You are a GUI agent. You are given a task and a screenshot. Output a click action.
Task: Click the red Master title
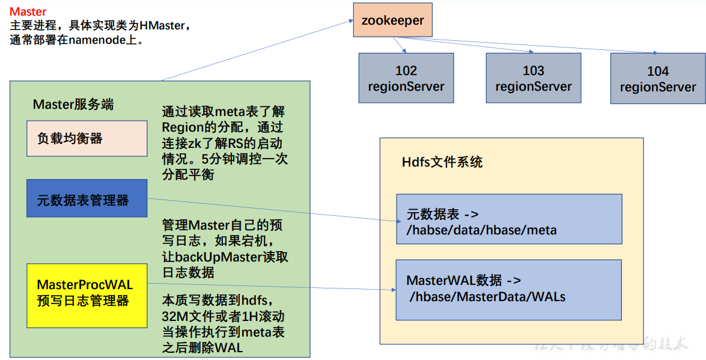[28, 11]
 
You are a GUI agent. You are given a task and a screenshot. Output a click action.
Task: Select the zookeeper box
[392, 20]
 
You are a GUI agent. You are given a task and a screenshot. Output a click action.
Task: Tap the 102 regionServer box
[406, 78]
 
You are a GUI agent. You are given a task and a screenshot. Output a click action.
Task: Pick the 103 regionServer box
[533, 78]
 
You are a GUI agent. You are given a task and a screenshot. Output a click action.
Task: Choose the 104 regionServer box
[658, 79]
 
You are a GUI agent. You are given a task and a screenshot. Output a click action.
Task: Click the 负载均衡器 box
[87, 139]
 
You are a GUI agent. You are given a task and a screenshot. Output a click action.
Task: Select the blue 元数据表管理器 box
[87, 198]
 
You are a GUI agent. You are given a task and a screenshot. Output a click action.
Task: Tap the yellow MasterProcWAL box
[87, 294]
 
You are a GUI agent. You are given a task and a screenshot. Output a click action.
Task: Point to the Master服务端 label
[73, 105]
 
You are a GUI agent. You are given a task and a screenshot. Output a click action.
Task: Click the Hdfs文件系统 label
[442, 162]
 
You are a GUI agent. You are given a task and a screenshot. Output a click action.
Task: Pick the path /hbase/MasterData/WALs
[487, 296]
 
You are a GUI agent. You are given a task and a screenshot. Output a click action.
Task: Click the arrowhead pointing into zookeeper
[350, 21]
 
